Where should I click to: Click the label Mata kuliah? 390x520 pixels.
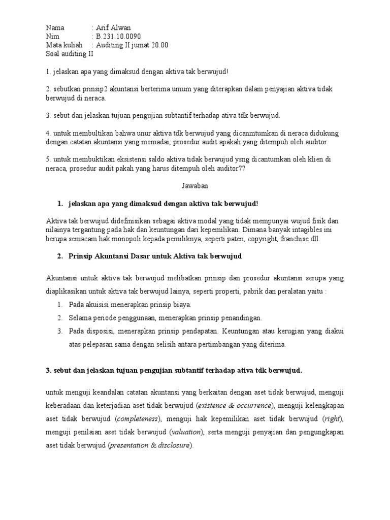63,45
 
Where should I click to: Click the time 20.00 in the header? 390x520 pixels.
159,45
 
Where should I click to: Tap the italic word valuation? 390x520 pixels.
186,432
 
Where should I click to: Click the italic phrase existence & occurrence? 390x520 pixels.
235,405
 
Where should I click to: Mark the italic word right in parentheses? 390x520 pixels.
333,418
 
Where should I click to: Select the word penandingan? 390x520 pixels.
240,318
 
